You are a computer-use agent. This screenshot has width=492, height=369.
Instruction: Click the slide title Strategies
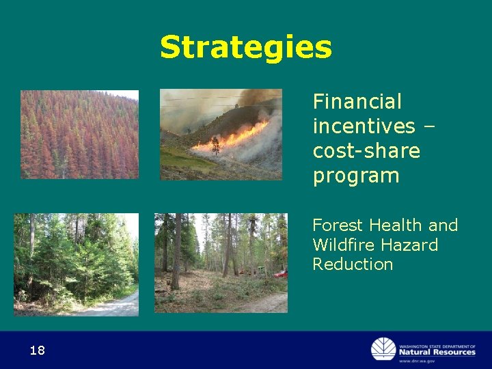pyautogui.click(x=246, y=48)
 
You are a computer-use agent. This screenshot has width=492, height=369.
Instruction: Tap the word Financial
pyautogui.click(x=357, y=102)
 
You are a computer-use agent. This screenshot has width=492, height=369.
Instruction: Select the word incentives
pyautogui.click(x=364, y=126)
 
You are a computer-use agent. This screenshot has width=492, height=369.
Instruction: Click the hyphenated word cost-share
pyautogui.click(x=366, y=151)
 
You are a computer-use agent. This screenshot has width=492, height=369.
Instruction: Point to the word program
pyautogui.click(x=356, y=176)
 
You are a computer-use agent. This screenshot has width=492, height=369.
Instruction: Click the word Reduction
pyautogui.click(x=353, y=264)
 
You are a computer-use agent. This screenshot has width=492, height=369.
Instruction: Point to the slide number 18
pyautogui.click(x=37, y=351)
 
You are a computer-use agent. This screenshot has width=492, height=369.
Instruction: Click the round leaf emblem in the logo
pyautogui.click(x=383, y=349)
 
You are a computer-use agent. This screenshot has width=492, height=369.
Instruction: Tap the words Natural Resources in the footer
pyautogui.click(x=437, y=352)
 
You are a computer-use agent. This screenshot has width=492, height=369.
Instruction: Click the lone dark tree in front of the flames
pyautogui.click(x=216, y=144)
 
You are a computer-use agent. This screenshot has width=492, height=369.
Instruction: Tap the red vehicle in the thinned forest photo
pyautogui.click(x=279, y=274)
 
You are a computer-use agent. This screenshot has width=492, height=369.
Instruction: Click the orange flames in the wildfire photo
pyautogui.click(x=232, y=137)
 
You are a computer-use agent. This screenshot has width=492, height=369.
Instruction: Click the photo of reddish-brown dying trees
pyautogui.click(x=79, y=134)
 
